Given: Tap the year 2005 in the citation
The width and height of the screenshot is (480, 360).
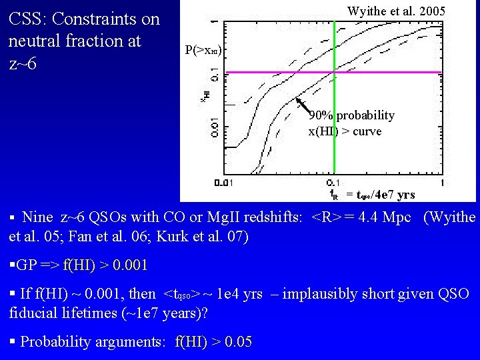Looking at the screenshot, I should point(431,11).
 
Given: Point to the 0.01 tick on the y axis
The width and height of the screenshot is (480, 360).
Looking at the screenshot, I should point(214,125).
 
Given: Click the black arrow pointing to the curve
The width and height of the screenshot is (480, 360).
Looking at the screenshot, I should point(303,107).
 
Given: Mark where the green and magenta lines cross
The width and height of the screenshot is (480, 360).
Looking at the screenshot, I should point(333,72).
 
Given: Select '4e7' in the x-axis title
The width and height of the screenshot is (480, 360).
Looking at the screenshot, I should point(386,195).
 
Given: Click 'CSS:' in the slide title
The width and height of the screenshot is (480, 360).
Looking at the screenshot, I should point(26,19).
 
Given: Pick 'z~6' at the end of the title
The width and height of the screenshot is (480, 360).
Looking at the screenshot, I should point(23,63).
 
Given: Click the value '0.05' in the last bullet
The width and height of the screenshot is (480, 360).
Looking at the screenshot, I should point(239,342).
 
